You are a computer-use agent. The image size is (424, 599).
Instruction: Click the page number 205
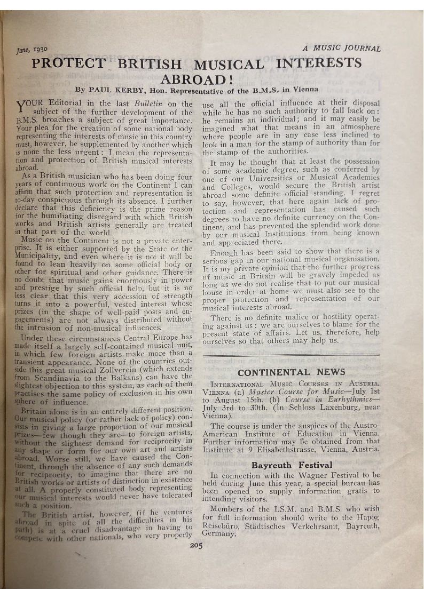(196, 545)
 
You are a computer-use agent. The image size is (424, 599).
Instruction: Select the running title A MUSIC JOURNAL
(341, 49)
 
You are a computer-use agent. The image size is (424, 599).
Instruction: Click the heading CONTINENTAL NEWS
(291, 372)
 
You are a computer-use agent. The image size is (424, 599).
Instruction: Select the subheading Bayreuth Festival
(292, 465)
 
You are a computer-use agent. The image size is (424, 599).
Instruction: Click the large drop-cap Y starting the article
(22, 107)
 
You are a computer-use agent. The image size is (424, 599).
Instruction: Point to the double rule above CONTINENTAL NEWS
(291, 354)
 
